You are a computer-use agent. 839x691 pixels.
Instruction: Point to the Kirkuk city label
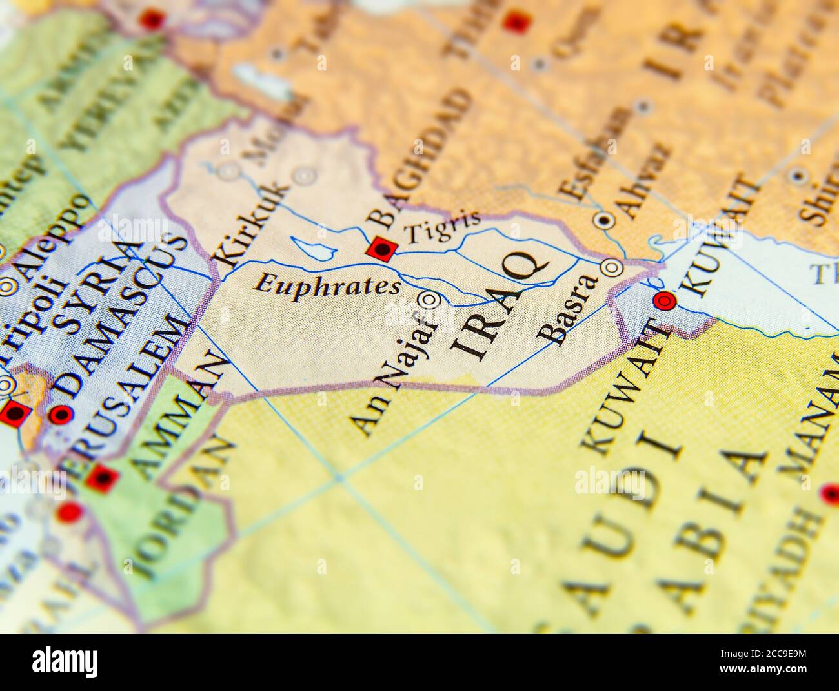tap(252, 223)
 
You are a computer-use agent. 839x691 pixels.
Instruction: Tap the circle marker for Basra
tap(611, 267)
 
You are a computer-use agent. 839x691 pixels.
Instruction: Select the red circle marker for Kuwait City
tap(663, 300)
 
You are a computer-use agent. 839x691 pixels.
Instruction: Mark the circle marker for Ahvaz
tap(604, 221)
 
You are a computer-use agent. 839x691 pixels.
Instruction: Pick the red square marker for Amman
tap(103, 477)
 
